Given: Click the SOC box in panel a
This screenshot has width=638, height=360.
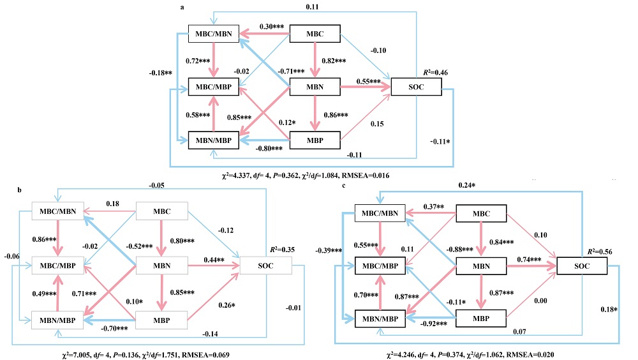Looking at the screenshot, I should (x=416, y=87).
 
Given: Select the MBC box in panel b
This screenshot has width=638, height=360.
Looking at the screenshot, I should (x=162, y=213).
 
